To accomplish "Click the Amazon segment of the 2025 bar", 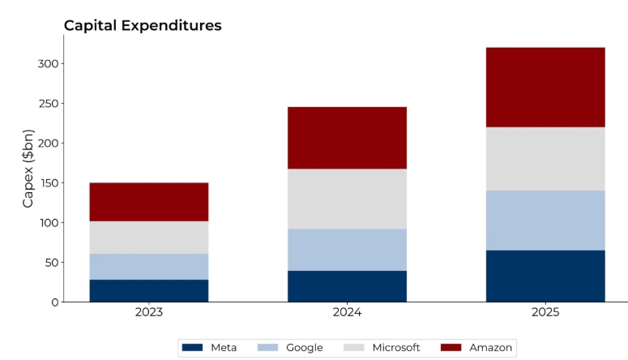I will tap(545, 88).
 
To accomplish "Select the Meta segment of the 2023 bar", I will tap(149, 290).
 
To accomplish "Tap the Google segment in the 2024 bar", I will tap(347, 250).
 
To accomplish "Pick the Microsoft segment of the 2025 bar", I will tap(545, 159).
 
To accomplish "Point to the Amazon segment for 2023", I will tap(149, 202).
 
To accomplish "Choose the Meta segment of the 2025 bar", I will tap(545, 276).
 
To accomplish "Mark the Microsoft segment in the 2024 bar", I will tap(347, 199).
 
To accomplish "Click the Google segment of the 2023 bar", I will tap(149, 267).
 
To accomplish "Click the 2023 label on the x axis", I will tap(149, 312).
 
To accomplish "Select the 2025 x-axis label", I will tap(545, 312).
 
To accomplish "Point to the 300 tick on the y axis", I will tap(49, 64).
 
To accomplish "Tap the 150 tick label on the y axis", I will tap(49, 183).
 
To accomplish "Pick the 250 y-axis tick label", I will tap(49, 104).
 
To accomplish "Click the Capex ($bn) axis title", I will tap(28, 168).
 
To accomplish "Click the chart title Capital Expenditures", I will tap(143, 26).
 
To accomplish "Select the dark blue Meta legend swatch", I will tap(192, 348).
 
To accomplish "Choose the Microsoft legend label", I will tap(395, 348).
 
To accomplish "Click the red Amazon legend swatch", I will tap(451, 348).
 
